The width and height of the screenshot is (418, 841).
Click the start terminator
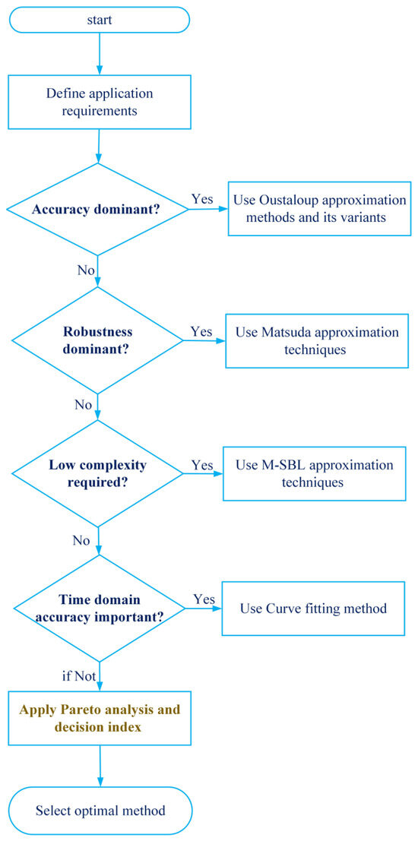tap(100, 20)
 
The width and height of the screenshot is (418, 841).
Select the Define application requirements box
tap(100, 102)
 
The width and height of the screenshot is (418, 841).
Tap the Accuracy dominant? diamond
tap(97, 209)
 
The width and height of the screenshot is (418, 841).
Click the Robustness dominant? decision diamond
tap(97, 340)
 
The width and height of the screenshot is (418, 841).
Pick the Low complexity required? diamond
tap(97, 473)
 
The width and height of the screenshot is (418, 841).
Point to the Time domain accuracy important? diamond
tap(99, 609)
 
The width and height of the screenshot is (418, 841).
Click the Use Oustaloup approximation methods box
tap(319, 209)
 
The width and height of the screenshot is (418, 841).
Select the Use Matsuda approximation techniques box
tap(317, 340)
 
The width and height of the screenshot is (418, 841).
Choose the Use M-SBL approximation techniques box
tap(315, 473)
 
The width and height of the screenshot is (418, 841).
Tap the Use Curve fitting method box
tap(313, 609)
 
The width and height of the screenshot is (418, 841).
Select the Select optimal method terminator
tap(100, 810)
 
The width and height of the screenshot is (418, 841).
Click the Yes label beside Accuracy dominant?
tap(202, 199)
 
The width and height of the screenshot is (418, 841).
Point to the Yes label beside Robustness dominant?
tap(201, 331)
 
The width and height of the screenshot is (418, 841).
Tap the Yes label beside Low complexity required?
tap(201, 464)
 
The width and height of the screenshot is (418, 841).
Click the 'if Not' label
tap(79, 676)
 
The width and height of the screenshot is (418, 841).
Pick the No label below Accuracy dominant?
tap(86, 269)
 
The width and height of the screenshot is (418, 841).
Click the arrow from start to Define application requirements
tap(100, 54)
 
